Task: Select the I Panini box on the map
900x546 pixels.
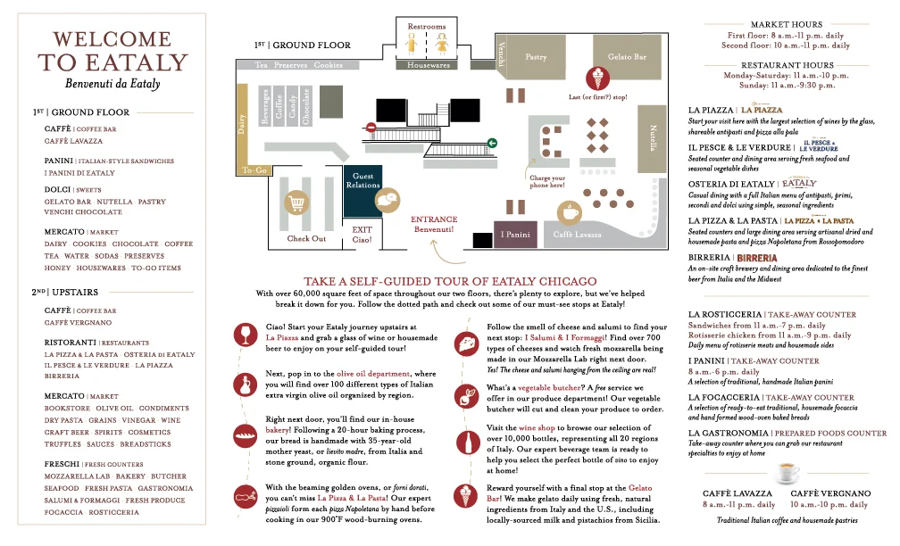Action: click(x=516, y=234)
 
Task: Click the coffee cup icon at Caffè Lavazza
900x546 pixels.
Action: click(x=569, y=211)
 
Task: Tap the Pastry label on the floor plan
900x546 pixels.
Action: click(x=536, y=57)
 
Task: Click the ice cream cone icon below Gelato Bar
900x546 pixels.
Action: click(x=596, y=77)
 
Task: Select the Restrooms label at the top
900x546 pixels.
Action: click(x=426, y=27)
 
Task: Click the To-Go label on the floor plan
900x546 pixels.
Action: click(x=254, y=170)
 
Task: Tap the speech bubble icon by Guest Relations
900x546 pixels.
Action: click(x=387, y=200)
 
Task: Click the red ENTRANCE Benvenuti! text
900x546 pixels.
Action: click(x=434, y=224)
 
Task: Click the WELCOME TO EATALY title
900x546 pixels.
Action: click(x=112, y=51)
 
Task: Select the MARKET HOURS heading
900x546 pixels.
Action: click(x=787, y=24)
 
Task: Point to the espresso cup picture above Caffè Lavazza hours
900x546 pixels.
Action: click(x=786, y=470)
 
